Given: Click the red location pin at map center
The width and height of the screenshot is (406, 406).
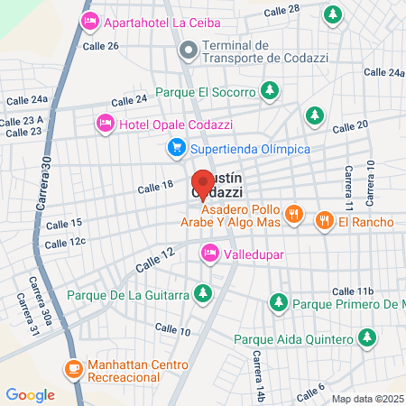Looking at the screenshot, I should pyautogui.click(x=203, y=184).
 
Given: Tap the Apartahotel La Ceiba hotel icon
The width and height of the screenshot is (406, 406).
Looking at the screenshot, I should pyautogui.click(x=89, y=20).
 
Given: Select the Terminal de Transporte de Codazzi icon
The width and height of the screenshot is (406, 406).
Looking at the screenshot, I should pyautogui.click(x=189, y=52).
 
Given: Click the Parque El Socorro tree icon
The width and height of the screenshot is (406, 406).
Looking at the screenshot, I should pyautogui.click(x=269, y=90).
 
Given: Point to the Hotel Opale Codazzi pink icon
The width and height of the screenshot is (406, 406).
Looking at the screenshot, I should pyautogui.click(x=105, y=122).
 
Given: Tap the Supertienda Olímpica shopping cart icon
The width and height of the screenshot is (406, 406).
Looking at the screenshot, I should pyautogui.click(x=177, y=148).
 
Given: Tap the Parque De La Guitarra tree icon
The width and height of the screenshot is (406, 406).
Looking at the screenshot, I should pyautogui.click(x=204, y=292).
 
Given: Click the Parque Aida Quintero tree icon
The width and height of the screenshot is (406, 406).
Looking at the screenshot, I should pyautogui.click(x=366, y=338).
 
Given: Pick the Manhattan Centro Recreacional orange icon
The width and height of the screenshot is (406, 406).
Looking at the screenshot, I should pyautogui.click(x=73, y=368).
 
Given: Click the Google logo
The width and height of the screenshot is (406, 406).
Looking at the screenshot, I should pyautogui.click(x=30, y=394).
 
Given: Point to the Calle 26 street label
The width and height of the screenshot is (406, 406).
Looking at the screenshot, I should pyautogui.click(x=100, y=44).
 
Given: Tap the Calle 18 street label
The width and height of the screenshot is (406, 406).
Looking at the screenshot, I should pyautogui.click(x=154, y=187).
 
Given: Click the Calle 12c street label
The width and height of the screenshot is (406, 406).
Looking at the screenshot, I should pyautogui.click(x=65, y=242).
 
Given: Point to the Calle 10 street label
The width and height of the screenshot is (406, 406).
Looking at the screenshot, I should pyautogui.click(x=172, y=331).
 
